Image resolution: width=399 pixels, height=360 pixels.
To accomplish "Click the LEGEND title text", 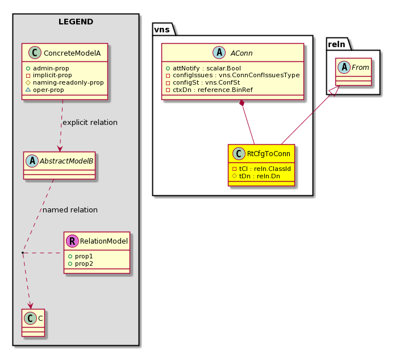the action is pos(76,22).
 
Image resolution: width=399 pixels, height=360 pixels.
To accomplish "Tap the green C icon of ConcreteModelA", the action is pos(35,53).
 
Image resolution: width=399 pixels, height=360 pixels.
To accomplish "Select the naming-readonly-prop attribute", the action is pos(68,83).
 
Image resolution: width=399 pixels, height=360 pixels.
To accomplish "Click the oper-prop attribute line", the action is pos(48,90).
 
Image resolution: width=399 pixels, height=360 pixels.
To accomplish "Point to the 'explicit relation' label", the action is pos(90,123).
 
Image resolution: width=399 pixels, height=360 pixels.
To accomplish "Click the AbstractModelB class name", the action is pos(66,161).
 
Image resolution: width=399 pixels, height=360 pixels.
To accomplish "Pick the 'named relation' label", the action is pos(70,210).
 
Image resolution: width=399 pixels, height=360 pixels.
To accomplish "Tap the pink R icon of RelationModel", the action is pos(72,241).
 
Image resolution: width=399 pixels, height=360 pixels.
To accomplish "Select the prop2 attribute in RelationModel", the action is pos(84,264).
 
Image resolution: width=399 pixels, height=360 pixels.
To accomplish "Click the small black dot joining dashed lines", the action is pos(23,253).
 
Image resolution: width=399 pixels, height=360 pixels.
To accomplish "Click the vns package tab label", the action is pos(162,30).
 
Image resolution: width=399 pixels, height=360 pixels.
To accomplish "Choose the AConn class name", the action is pos(241,53).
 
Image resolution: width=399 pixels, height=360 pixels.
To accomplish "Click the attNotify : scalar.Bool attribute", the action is pos(207,68).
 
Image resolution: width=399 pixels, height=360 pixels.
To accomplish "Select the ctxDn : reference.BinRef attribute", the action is pos(213,90).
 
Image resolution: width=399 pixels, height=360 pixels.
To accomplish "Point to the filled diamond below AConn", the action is pos(242,103).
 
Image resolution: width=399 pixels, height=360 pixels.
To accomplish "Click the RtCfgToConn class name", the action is pos(268,154).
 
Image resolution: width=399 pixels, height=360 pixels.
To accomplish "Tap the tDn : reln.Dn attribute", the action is pos(260,176).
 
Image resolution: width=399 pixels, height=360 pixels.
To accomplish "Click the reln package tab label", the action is pos(336,44).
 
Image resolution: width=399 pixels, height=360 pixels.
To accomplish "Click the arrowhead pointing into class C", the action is pos(31,305).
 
